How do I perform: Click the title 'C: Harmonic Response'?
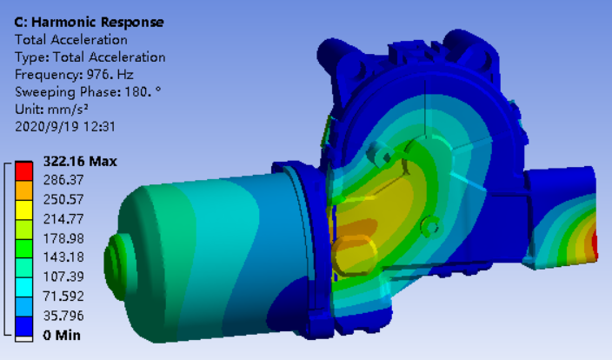click(x=89, y=23)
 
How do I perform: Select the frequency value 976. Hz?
click(x=110, y=74)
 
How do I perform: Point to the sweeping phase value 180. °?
click(x=143, y=92)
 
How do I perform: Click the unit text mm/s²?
click(x=68, y=109)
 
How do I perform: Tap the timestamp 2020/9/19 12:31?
click(x=65, y=126)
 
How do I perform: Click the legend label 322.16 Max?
click(x=80, y=161)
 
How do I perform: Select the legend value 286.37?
click(x=63, y=180)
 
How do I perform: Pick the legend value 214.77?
click(x=63, y=218)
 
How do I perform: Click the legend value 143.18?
click(x=63, y=257)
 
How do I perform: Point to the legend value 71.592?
click(x=63, y=296)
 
